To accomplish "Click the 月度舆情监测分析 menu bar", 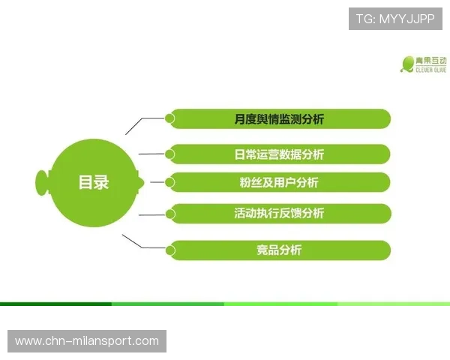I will point(278,118).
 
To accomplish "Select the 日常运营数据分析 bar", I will point(278,154).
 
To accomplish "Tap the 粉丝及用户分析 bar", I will point(278,182).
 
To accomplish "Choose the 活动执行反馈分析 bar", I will point(278,213).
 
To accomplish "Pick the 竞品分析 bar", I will point(278,250).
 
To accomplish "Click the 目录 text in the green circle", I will point(94,182).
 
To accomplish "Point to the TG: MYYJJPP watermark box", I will point(395,18).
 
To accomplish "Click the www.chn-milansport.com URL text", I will point(87,341).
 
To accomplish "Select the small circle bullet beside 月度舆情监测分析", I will point(170,118).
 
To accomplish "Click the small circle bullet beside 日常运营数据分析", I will point(170,154).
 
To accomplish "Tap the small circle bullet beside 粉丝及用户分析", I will point(170,181).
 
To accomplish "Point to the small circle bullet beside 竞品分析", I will point(170,248).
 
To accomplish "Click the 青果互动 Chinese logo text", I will point(431,60).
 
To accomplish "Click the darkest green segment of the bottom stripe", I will point(56,304).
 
